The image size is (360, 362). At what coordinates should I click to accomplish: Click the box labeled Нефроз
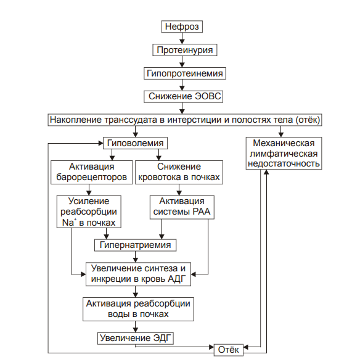tap(182, 27)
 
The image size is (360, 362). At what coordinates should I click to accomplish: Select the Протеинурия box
tap(184, 50)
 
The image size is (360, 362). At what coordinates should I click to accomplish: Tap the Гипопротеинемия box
tap(184, 73)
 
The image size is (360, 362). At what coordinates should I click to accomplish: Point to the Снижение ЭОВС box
tap(184, 96)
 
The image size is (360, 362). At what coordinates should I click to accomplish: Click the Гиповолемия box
tap(135, 143)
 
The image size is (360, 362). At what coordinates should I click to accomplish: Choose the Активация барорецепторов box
tap(92, 172)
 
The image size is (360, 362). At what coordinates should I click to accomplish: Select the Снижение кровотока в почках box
tap(179, 172)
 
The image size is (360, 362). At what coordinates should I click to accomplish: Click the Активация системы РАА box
tap(182, 207)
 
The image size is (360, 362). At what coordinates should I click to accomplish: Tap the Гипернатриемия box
tap(135, 245)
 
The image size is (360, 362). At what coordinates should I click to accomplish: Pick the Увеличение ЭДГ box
tap(135, 338)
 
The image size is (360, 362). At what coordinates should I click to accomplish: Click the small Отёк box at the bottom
tap(229, 350)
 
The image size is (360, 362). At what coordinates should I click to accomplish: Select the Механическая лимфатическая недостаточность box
tap(284, 154)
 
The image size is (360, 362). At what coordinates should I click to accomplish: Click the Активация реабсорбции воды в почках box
tap(138, 309)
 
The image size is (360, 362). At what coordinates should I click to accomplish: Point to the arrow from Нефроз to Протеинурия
tap(182, 38)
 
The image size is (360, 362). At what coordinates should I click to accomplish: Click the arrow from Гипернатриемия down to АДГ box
tap(136, 257)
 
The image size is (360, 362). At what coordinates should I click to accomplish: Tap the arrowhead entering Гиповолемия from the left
tap(100, 143)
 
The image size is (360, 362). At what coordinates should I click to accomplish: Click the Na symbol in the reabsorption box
tap(68, 223)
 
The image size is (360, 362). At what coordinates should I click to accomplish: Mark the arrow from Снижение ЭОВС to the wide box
tap(182, 108)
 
